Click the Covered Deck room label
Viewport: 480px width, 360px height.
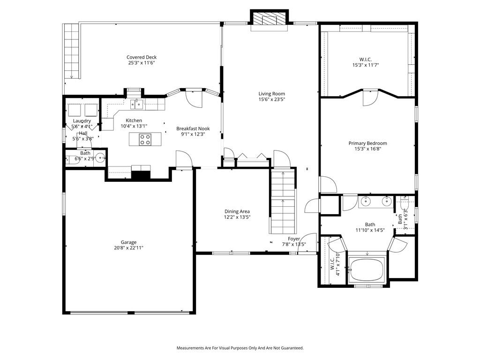coord(141,57)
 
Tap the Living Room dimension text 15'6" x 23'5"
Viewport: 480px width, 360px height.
coord(271,99)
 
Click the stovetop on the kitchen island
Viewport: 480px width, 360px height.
coord(145,139)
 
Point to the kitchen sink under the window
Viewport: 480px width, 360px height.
coord(136,103)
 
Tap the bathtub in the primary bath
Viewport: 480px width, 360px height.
coord(367,269)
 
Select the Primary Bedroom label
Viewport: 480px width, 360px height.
coord(367,143)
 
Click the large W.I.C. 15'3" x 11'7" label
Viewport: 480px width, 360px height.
coord(365,60)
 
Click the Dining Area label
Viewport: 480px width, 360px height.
coord(237,211)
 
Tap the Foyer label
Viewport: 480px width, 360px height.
coord(294,239)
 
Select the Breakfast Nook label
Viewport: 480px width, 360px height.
coord(193,128)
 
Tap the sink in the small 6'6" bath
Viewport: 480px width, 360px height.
coord(100,157)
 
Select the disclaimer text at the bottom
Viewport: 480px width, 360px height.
coord(240,348)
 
